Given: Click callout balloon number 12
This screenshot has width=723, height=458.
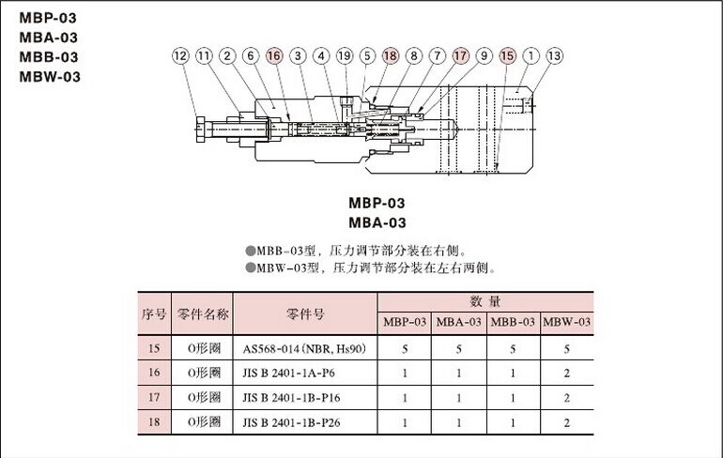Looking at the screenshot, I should (180, 56).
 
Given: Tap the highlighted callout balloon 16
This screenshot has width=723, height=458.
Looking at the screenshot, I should (274, 56).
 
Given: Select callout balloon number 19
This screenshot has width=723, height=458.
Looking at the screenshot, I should (344, 56).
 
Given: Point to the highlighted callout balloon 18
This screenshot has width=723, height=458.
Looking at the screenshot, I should (391, 56).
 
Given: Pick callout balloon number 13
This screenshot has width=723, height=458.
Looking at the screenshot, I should (555, 56).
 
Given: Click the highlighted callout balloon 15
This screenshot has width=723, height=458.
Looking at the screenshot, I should (508, 56).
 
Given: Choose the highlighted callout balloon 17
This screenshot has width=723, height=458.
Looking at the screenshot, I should (461, 56).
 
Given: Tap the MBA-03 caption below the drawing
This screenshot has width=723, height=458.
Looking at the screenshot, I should (377, 222).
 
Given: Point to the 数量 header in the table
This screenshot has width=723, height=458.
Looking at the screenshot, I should (485, 301).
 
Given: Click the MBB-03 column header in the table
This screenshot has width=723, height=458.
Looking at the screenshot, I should (513, 323).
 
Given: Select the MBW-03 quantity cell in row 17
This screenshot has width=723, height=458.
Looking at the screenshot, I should (566, 398).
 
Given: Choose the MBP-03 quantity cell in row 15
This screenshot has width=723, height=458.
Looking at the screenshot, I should (405, 349).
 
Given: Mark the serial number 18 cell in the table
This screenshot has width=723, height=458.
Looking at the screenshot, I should (154, 422).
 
